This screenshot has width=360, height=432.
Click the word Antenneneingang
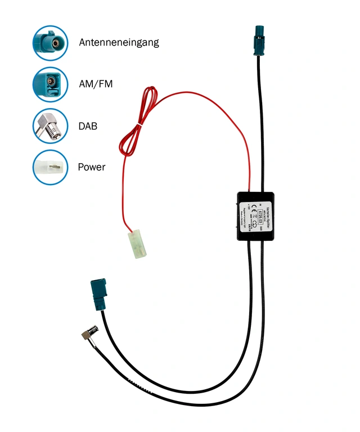click(x=119, y=42)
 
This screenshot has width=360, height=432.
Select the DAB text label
click(x=88, y=126)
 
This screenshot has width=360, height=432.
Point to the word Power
click(x=92, y=167)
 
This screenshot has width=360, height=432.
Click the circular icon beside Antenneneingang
click(x=50, y=43)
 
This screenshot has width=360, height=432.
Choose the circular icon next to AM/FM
click(x=50, y=84)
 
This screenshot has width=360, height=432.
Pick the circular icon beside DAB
click(x=50, y=125)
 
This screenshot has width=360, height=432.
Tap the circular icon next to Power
click(x=50, y=167)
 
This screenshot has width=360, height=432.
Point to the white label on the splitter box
click(x=259, y=216)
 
